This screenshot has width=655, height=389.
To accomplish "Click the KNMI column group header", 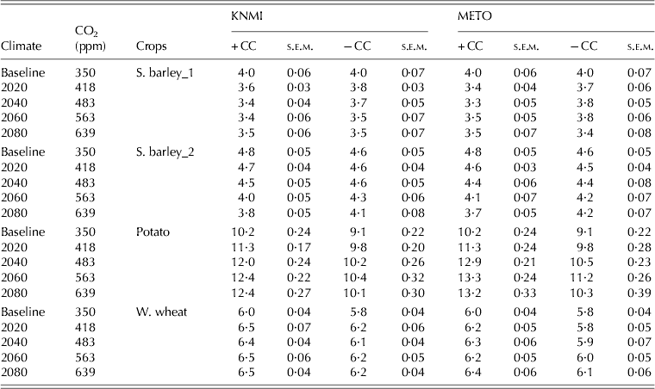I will (x=228, y=15).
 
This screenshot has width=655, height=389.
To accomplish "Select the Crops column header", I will (x=153, y=46).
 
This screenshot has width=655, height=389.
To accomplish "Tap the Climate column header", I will (x=23, y=46).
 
